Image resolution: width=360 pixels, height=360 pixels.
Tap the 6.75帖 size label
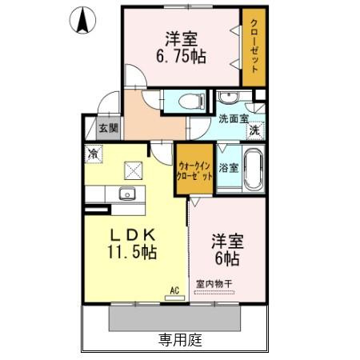coord(182,57)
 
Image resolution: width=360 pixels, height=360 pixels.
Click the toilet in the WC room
coord(190,102)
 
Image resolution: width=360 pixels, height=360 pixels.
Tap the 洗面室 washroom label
coord(234,119)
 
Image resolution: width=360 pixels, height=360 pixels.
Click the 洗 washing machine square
coord(254,130)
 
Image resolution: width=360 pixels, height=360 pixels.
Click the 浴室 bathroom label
coord(228,168)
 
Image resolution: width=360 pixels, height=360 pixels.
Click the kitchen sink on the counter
coord(126,194)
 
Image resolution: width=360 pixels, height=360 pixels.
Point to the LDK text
coord(133,234)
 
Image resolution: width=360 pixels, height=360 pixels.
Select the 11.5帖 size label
coord(133,252)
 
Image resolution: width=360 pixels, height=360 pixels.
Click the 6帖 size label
coord(226,258)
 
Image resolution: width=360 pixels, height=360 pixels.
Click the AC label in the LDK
coord(173,292)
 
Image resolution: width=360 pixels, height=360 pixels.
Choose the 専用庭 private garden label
coord(179,340)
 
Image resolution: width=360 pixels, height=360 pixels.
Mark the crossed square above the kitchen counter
coord(133,169)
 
